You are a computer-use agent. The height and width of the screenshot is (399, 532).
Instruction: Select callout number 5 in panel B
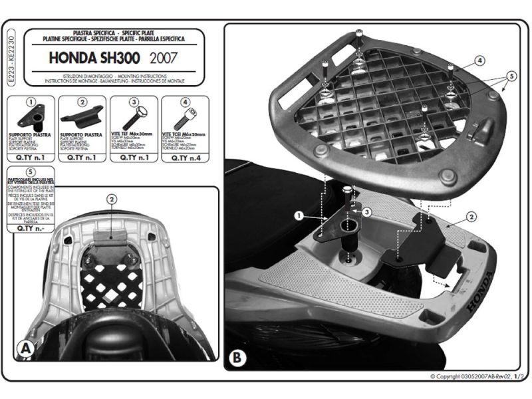pos(510,76)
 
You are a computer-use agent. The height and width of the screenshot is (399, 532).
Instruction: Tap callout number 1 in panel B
pos(299,215)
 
